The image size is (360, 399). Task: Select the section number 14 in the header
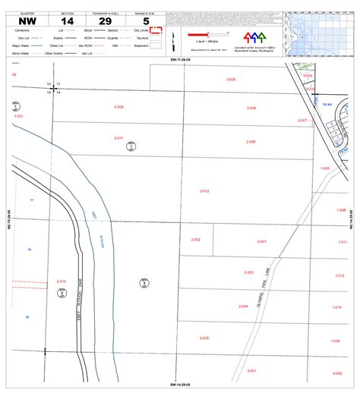[68, 21]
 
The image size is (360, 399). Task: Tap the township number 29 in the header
[105, 21]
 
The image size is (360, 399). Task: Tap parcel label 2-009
[118, 107]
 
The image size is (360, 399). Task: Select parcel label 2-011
[118, 138]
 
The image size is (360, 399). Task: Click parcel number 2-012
[204, 191]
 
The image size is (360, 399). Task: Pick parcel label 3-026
[231, 79]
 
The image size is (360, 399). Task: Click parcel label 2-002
[195, 240]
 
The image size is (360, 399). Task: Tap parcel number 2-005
[204, 338]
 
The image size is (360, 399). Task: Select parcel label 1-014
[336, 307]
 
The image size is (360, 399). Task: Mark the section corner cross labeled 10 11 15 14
[53, 88]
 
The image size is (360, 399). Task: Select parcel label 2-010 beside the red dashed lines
[62, 281]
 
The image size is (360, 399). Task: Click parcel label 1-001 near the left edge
[19, 116]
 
